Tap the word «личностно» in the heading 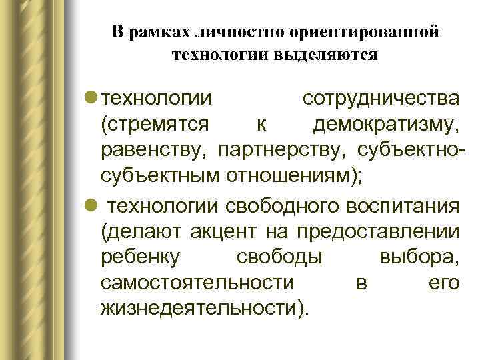(x=232, y=33)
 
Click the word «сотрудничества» (x=381, y=99)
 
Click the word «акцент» (x=226, y=231)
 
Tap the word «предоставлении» (x=378, y=231)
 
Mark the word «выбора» (x=419, y=257)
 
